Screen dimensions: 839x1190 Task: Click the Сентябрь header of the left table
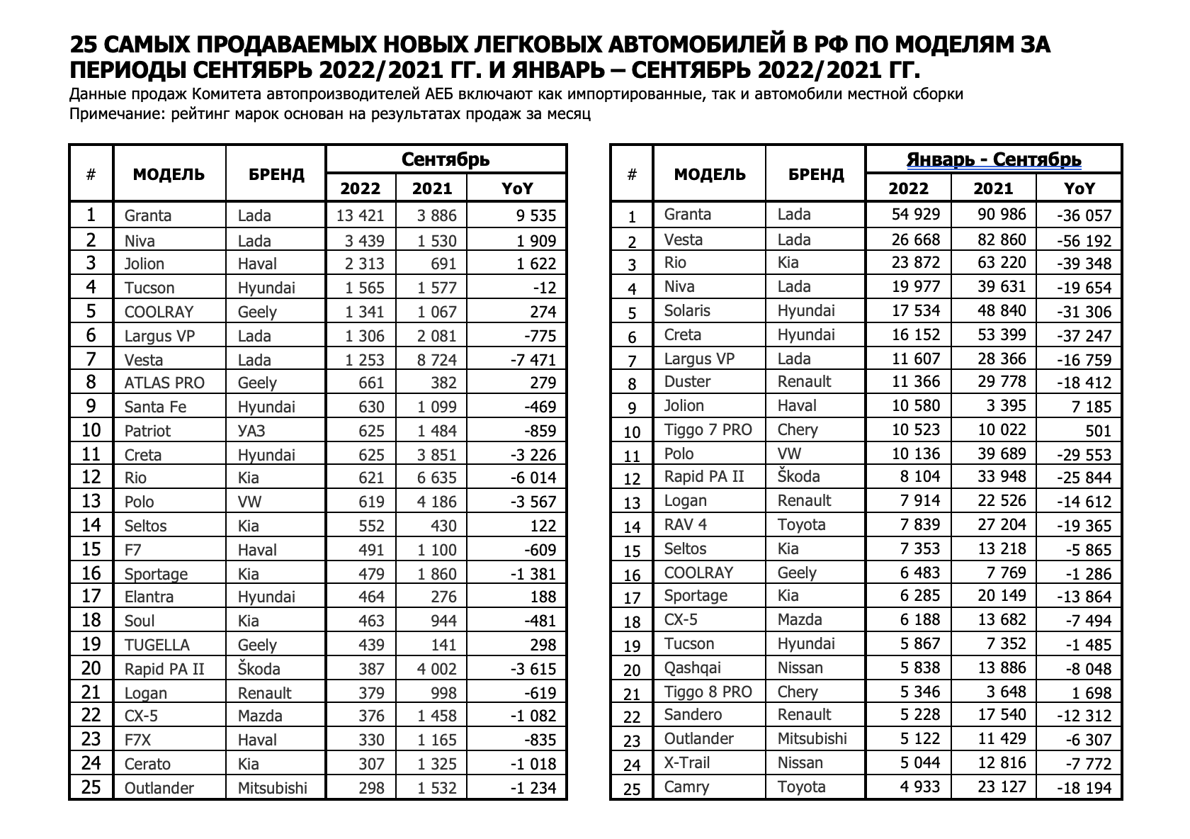(x=446, y=159)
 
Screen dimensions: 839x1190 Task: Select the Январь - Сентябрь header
(x=994, y=159)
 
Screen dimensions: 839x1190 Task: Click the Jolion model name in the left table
(x=144, y=264)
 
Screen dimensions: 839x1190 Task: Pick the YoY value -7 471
(x=529, y=360)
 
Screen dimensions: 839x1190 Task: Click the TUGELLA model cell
(x=157, y=645)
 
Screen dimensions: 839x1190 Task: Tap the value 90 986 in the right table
(x=1000, y=214)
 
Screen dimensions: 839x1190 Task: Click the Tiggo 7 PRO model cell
(x=708, y=429)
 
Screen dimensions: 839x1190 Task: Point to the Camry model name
(x=686, y=787)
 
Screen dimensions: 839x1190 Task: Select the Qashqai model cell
(x=691, y=668)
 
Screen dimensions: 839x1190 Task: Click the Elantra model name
(x=149, y=597)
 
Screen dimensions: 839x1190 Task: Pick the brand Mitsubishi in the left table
(x=273, y=788)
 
